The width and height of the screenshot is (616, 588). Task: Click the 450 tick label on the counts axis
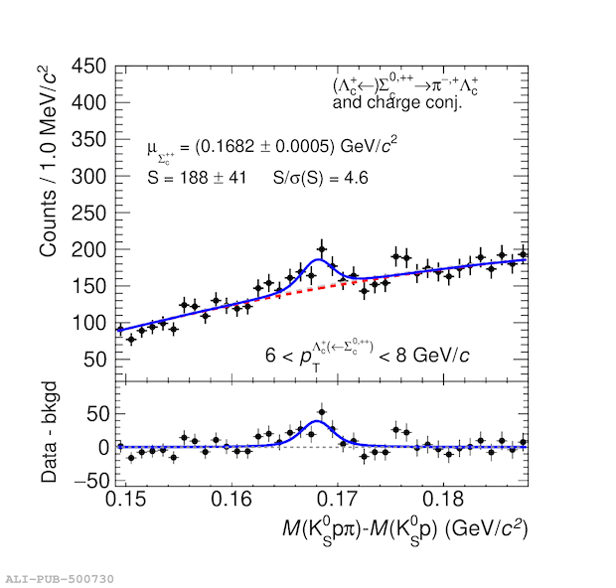(89, 66)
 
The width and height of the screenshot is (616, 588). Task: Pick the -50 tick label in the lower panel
(90, 481)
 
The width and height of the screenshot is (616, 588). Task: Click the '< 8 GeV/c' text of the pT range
(421, 355)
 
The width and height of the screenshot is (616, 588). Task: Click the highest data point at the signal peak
(321, 249)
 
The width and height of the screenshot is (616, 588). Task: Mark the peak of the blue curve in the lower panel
(318, 422)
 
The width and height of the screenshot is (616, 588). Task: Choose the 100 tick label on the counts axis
(89, 323)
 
